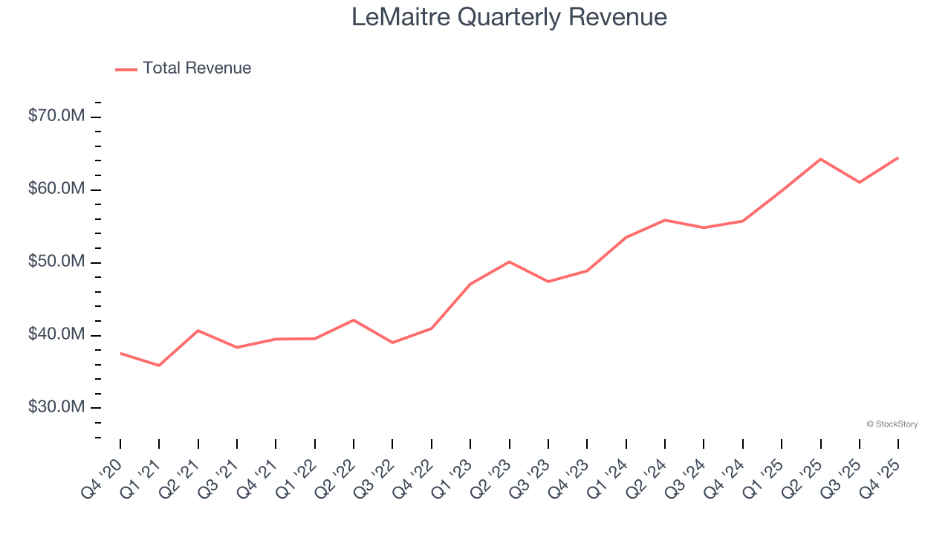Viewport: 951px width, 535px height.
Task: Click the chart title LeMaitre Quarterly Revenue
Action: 509,17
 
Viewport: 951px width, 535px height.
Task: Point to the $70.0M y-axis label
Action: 56,117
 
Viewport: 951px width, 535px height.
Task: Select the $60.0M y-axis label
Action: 56,189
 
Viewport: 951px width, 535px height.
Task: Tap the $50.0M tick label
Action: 56,262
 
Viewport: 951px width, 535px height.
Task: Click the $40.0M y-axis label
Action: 56,335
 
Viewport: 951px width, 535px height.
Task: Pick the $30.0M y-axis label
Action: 56,408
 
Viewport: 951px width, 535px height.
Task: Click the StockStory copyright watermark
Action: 892,424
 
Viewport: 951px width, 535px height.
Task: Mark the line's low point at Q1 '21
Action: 159,366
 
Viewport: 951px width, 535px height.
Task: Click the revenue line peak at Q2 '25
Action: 820,159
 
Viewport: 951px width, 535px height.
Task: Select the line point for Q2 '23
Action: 509,262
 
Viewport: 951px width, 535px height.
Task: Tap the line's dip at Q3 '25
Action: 860,182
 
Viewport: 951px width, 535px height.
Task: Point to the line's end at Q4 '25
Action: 898,158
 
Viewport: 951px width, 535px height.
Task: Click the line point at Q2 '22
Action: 354,320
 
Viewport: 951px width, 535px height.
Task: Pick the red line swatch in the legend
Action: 126,69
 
